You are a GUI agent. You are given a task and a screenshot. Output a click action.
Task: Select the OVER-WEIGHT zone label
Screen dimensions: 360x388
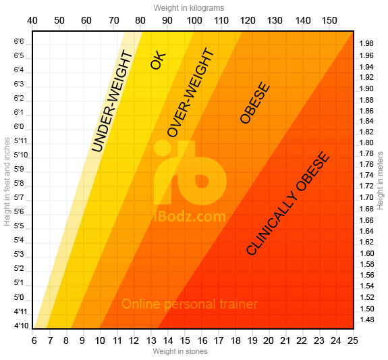point(190,93)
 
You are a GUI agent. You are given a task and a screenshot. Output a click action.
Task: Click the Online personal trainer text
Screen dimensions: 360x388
point(190,304)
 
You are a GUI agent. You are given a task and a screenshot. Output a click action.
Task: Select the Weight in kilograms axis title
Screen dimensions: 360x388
point(189,7)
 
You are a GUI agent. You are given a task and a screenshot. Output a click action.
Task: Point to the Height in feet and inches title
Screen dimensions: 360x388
point(7,183)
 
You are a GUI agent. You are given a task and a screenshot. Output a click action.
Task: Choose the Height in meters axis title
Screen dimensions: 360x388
point(380,179)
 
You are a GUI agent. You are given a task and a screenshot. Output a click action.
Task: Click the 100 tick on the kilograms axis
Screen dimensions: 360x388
point(194,20)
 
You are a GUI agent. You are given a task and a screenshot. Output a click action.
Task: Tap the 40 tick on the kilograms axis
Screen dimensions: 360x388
point(32,20)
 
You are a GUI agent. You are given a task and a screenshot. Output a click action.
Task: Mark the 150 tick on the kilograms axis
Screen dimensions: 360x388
point(329,20)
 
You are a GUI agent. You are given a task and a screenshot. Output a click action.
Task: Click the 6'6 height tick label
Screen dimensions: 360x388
point(19,42)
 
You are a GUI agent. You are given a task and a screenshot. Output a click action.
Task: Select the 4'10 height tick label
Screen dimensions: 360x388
point(19,326)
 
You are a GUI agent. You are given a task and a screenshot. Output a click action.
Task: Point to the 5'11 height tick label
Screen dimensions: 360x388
point(19,141)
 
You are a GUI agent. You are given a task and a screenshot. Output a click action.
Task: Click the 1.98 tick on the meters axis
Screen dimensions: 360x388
point(366,43)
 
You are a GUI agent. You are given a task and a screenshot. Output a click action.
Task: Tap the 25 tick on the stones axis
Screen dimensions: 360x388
point(352,340)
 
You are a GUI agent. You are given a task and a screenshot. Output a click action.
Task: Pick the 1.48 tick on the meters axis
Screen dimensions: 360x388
point(366,319)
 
